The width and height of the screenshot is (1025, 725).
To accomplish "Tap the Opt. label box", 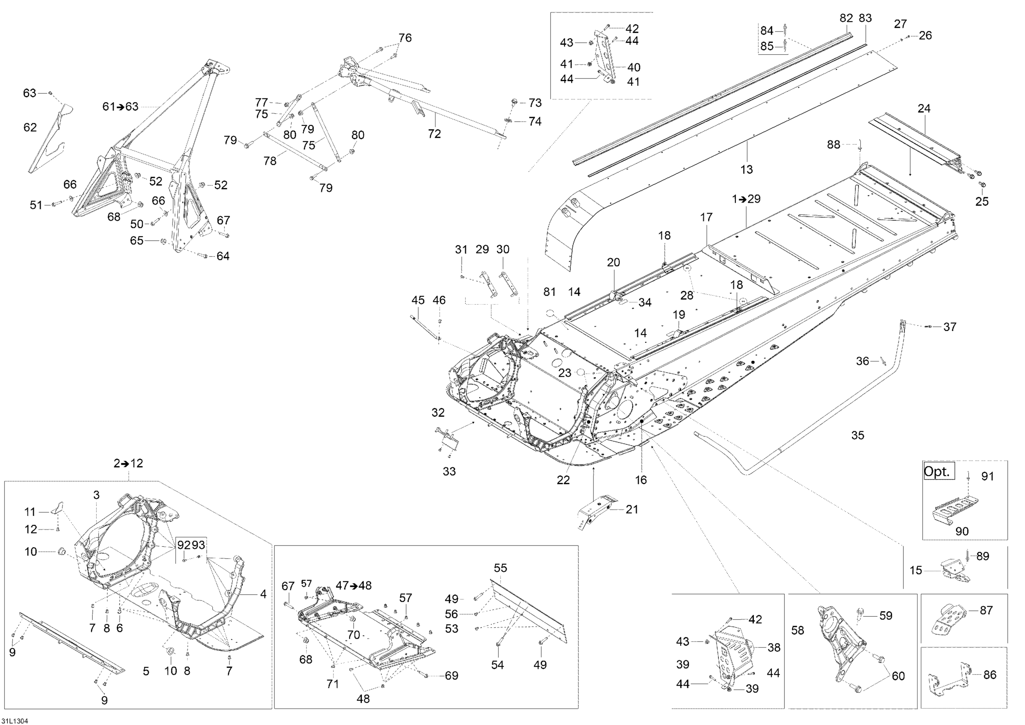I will [939, 472].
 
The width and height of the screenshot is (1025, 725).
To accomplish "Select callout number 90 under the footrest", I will [962, 531].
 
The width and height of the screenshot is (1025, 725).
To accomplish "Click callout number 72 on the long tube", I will [434, 134].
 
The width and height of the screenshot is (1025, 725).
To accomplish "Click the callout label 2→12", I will [128, 463].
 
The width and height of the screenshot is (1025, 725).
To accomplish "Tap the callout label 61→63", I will [121, 107].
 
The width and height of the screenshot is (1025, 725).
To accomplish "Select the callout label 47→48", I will [353, 585].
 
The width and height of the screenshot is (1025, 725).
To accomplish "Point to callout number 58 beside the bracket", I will [798, 630].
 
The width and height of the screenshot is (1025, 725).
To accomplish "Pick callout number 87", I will [986, 610].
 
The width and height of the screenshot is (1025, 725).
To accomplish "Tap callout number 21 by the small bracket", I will [632, 509].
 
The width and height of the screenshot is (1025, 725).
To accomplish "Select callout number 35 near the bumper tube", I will [858, 435].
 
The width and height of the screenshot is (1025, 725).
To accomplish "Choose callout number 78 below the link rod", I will [270, 161].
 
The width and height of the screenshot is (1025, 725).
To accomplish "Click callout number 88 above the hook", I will [833, 144].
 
